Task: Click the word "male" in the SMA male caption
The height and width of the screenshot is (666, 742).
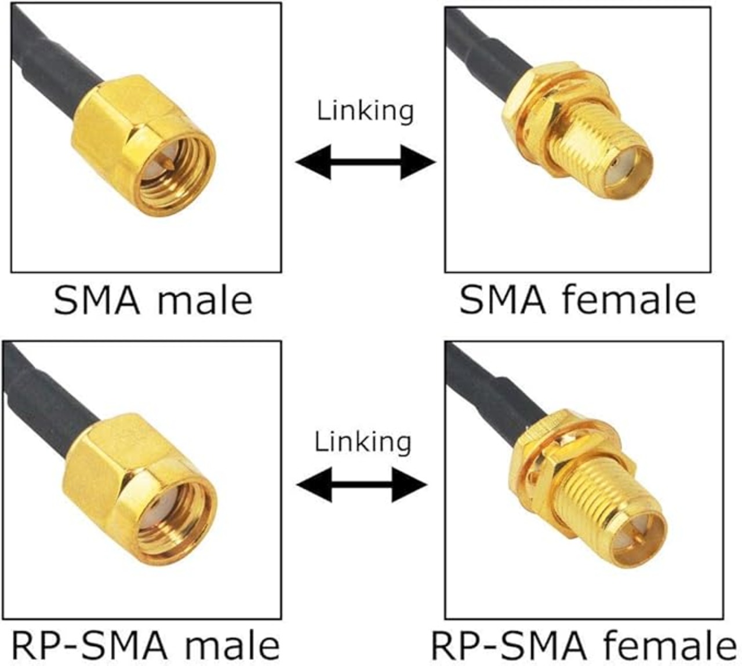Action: (206, 301)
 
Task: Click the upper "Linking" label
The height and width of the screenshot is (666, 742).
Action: (365, 111)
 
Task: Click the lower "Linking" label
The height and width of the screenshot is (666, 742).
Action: (363, 442)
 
